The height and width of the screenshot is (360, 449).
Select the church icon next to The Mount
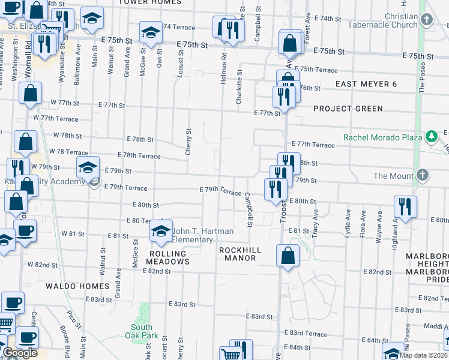[423, 175]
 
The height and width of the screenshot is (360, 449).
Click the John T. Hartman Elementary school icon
[161, 230]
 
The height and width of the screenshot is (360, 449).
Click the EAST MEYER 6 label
[366, 84]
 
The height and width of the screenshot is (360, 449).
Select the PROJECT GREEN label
[348, 109]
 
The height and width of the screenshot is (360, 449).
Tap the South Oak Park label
[142, 331]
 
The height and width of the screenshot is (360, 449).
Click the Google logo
[20, 353]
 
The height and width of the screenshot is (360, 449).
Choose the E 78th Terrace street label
[139, 155]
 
